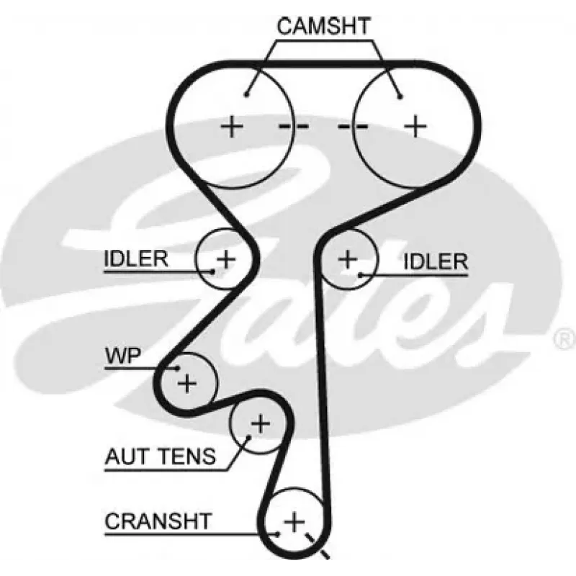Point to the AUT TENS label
(x=160, y=456)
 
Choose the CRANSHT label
(x=158, y=520)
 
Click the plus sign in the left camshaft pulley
(x=232, y=127)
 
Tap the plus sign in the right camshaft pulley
(x=415, y=127)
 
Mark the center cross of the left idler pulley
(x=226, y=258)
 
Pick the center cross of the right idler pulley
(x=348, y=258)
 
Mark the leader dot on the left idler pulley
(x=213, y=271)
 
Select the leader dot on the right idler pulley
(x=360, y=274)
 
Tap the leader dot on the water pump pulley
(x=176, y=369)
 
